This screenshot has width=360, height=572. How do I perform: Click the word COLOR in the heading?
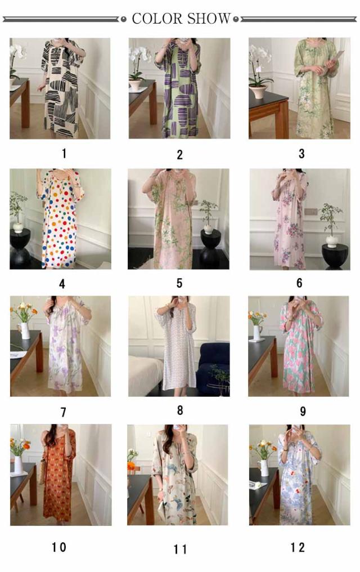(x=157, y=19)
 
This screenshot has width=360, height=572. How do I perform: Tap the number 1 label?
(x=64, y=154)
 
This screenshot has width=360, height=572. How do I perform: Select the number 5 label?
(x=179, y=283)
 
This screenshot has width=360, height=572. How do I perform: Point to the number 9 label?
(x=303, y=412)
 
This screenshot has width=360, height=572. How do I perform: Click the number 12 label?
(x=298, y=547)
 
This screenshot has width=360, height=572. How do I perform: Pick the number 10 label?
(x=58, y=547)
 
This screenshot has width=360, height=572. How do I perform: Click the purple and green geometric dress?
(x=179, y=90)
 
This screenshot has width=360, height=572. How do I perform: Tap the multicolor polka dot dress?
(x=60, y=219)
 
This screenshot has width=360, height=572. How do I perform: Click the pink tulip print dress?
(x=299, y=347)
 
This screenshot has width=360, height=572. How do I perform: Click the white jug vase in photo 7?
(x=24, y=330)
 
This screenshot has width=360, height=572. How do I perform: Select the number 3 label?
(x=301, y=154)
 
